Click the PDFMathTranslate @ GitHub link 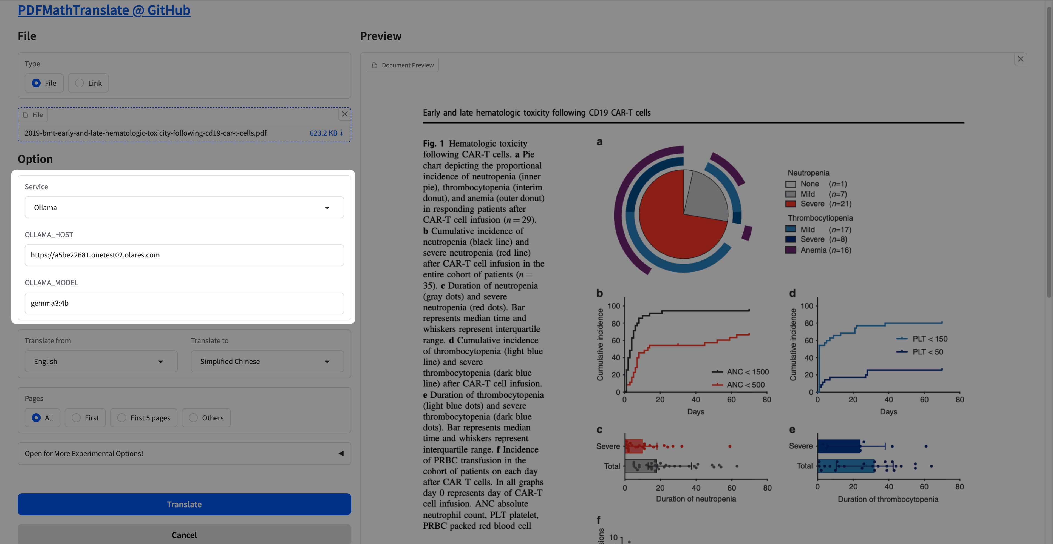tap(104, 10)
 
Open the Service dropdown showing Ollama tap(184, 207)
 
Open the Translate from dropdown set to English tap(101, 362)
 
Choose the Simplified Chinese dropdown tap(267, 362)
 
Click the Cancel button tap(184, 535)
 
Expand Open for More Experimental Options tap(184, 453)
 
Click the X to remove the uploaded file tap(345, 114)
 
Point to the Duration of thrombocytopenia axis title tap(888, 499)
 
